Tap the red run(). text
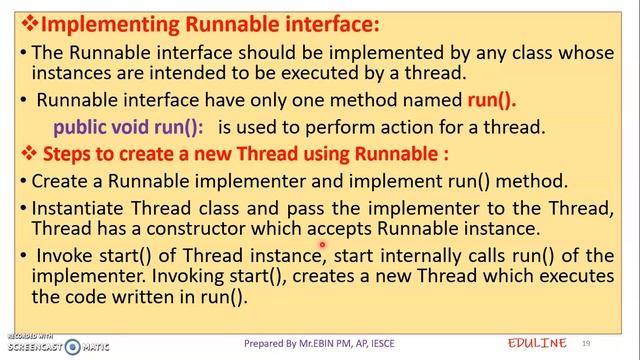point(491,100)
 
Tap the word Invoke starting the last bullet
point(63,255)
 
